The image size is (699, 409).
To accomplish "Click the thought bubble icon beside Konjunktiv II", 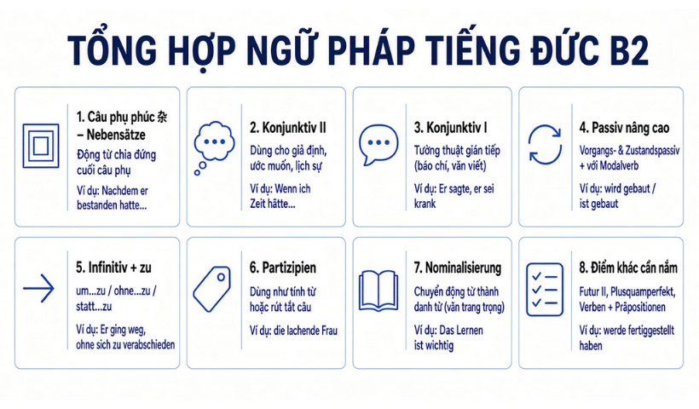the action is tap(215, 141).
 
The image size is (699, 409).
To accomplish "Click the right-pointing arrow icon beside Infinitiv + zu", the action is tap(38, 288).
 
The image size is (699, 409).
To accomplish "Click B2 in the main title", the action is tap(627, 50).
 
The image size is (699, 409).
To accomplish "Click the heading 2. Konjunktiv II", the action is tap(288, 128).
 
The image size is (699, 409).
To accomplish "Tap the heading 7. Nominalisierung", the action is tap(458, 268).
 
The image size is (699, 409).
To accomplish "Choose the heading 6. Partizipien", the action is tap(283, 268).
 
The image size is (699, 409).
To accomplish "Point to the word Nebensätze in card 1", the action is tap(116, 135).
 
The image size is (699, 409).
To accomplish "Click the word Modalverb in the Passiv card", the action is tap(619, 166).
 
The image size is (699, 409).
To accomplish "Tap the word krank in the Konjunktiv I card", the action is tap(425, 204).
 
